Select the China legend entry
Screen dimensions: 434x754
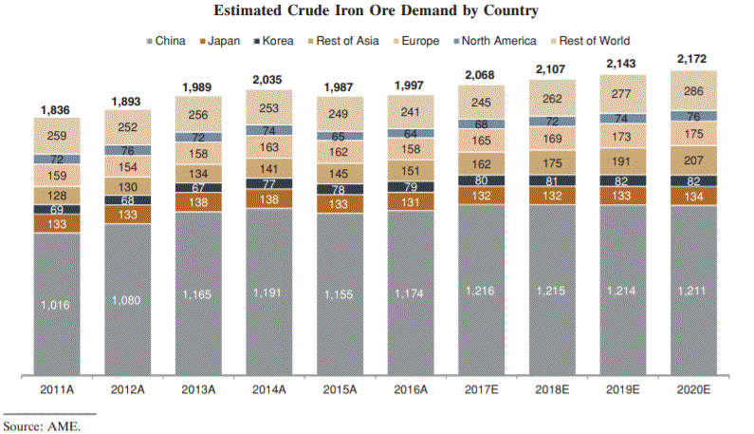(x=170, y=41)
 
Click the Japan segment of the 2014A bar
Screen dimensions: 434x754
(x=269, y=199)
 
